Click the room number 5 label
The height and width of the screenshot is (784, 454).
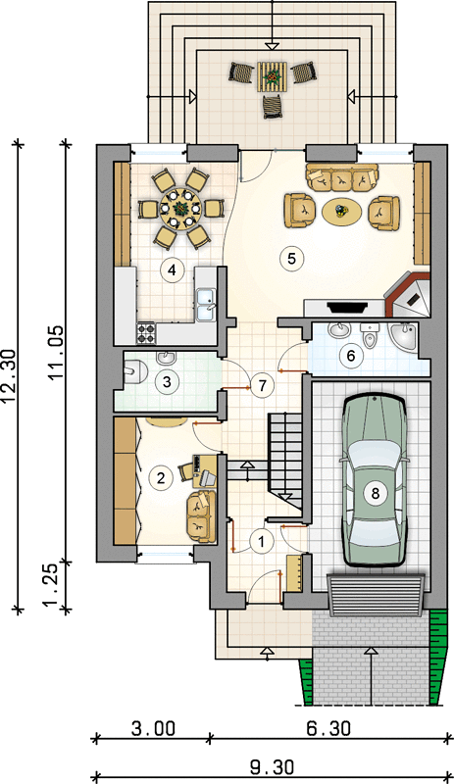click(x=292, y=259)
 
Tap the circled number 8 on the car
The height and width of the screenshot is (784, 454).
click(x=375, y=494)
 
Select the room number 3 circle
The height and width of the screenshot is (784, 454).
click(x=167, y=382)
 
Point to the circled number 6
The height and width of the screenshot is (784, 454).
click(x=350, y=356)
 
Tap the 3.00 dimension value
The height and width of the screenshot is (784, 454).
click(x=153, y=728)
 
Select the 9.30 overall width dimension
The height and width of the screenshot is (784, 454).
click(x=272, y=767)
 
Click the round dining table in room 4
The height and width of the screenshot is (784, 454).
click(x=180, y=208)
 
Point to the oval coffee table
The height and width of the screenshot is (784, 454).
click(x=341, y=213)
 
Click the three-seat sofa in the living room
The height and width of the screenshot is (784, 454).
click(x=342, y=177)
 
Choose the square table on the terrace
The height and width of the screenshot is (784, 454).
click(x=273, y=76)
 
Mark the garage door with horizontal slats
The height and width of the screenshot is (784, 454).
click(x=376, y=595)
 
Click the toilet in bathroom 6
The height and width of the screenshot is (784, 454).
click(x=370, y=335)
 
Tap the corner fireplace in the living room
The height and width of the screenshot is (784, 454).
click(x=408, y=295)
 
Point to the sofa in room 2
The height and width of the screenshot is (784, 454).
click(x=201, y=517)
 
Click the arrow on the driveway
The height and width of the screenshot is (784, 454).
click(x=370, y=676)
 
